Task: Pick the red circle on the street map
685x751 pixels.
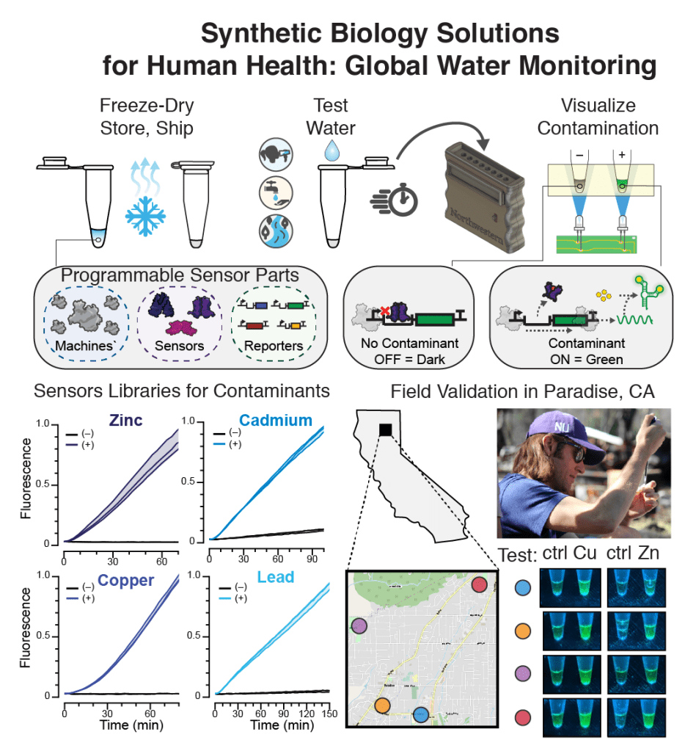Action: click(478, 585)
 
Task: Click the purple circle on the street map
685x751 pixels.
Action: click(359, 626)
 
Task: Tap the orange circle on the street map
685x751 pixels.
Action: click(382, 705)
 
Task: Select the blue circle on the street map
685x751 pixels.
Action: click(420, 714)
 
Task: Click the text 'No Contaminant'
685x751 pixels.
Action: click(409, 343)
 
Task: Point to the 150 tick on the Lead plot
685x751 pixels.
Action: click(329, 714)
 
